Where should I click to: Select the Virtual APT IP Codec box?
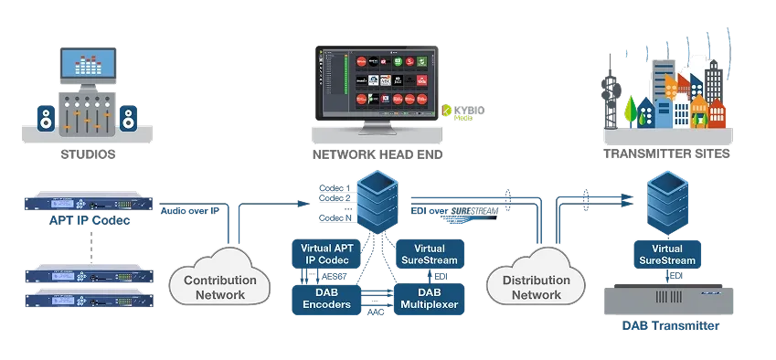click(x=325, y=253)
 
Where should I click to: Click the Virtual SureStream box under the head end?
click(x=429, y=253)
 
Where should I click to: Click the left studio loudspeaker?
click(x=46, y=118)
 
